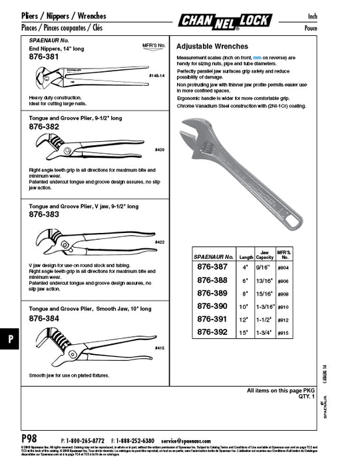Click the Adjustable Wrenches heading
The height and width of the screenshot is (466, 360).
tap(212, 47)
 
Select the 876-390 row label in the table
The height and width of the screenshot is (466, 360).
tap(213, 306)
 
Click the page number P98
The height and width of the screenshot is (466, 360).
tap(31, 439)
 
